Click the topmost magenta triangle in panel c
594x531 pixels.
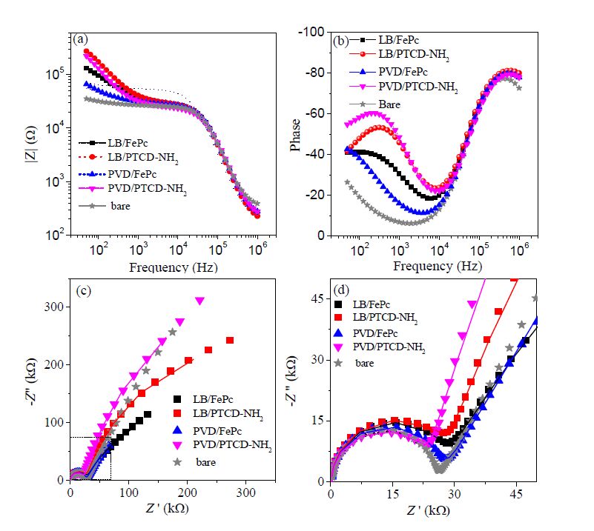(x=199, y=301)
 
